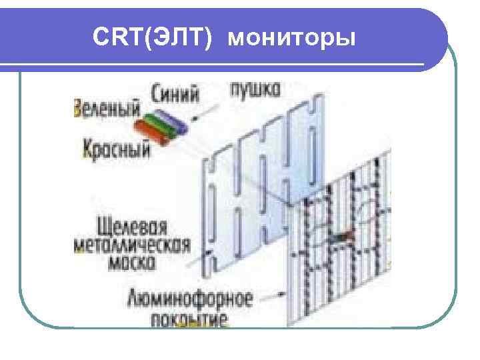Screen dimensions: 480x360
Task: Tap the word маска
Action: tap(131, 263)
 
